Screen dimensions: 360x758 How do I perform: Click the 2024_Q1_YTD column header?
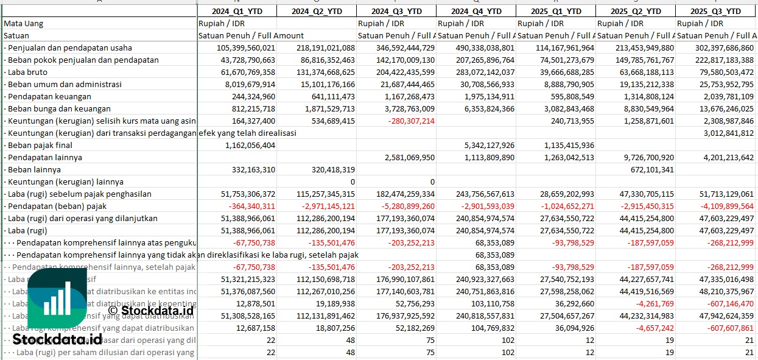point(237,11)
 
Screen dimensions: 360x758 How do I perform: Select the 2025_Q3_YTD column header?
point(716,11)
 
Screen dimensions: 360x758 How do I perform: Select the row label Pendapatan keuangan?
point(49,96)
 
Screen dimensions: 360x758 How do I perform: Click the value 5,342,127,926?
point(489,145)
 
